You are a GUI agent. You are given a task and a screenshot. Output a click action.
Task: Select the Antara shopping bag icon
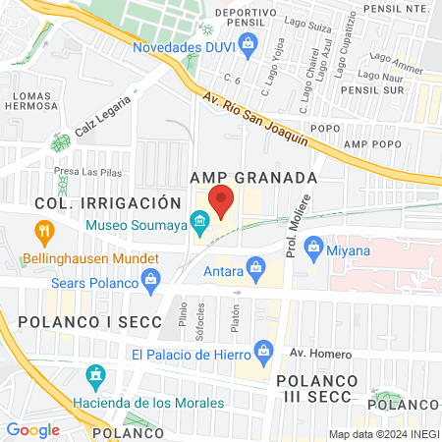256,266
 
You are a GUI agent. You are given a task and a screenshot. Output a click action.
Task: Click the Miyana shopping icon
313,249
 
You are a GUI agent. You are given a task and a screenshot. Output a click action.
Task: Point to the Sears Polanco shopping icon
150,282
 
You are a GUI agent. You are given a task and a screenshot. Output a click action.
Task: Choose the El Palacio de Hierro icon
263,350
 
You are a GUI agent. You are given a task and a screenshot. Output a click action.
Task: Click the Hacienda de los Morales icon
95,376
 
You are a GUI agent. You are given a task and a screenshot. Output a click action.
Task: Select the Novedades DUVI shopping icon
249,43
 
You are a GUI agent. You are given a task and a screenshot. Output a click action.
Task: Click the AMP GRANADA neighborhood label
252,178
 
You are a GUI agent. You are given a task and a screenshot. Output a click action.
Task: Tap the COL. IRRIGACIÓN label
108,202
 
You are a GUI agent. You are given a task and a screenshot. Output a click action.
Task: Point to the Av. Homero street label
313,353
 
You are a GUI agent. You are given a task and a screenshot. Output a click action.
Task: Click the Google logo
32,429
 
